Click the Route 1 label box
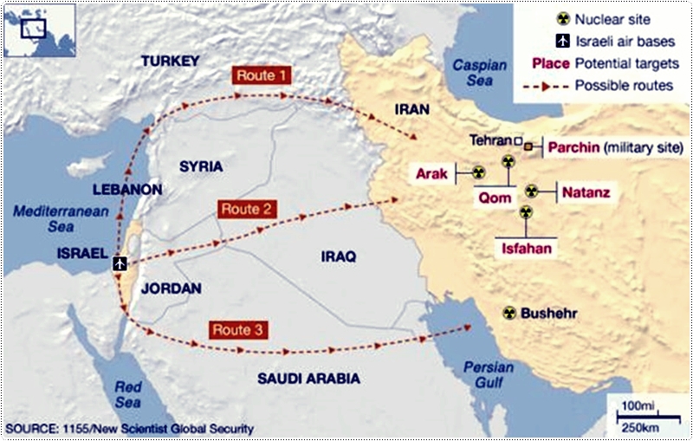pyautogui.click(x=261, y=75)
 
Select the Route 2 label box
pyautogui.click(x=247, y=209)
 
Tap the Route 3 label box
pyautogui.click(x=236, y=329)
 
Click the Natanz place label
pyautogui.click(x=586, y=191)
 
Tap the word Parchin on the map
pyautogui.click(x=573, y=148)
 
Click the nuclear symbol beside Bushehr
pyautogui.click(x=508, y=313)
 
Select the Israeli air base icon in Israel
pyautogui.click(x=120, y=262)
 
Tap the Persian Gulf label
pyautogui.click(x=489, y=373)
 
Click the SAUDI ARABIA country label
pyautogui.click(x=309, y=379)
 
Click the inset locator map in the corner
pyautogui.click(x=38, y=30)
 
